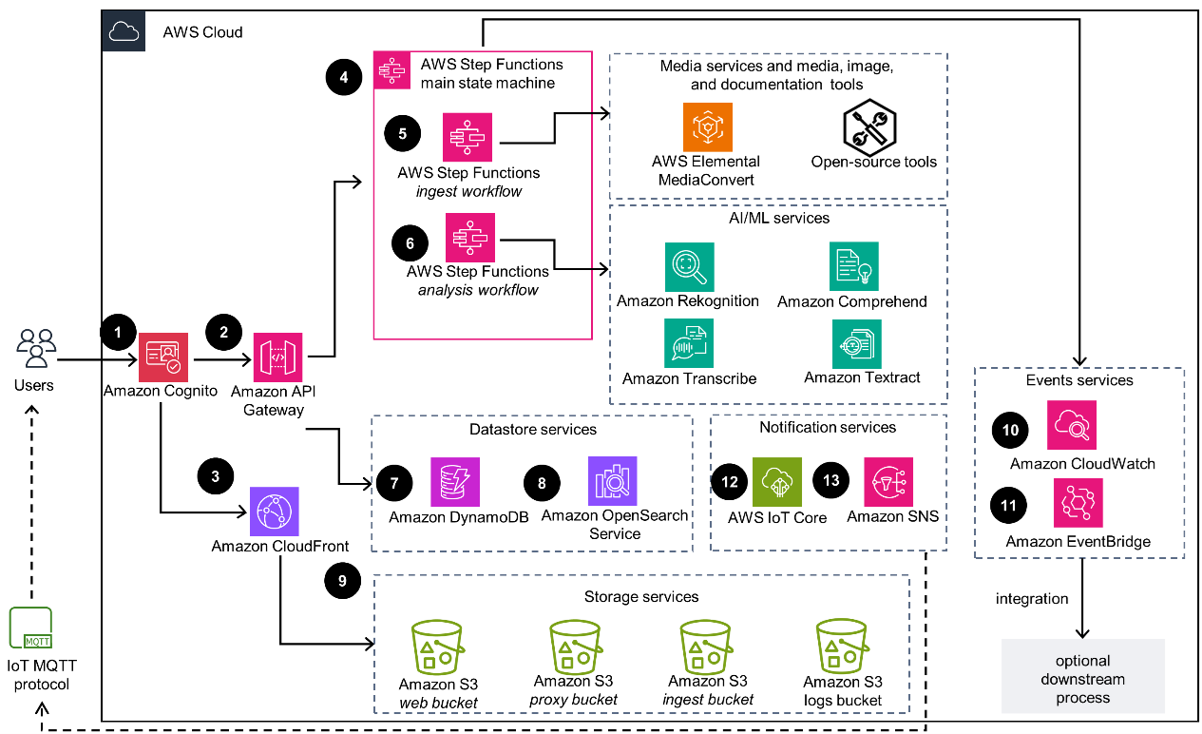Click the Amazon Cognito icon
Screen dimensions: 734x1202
coord(163,357)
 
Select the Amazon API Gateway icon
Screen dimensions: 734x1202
coord(277,357)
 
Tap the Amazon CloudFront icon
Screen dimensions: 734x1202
coord(274,512)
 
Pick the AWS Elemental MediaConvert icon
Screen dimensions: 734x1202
coord(707,127)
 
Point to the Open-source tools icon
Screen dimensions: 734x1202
coord(870,127)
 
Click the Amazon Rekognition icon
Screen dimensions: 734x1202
coord(689,267)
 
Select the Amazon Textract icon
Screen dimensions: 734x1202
coord(856,343)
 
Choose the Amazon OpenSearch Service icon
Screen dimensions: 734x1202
coord(613,481)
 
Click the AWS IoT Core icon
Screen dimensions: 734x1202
coord(776,481)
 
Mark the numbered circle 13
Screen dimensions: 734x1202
coord(831,480)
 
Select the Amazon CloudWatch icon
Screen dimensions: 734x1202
coord(1071,424)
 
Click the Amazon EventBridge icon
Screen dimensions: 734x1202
coord(1078,503)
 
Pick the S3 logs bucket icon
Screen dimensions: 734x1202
coord(842,647)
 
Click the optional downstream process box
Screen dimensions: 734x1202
coord(1082,678)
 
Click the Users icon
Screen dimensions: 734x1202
coord(35,349)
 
